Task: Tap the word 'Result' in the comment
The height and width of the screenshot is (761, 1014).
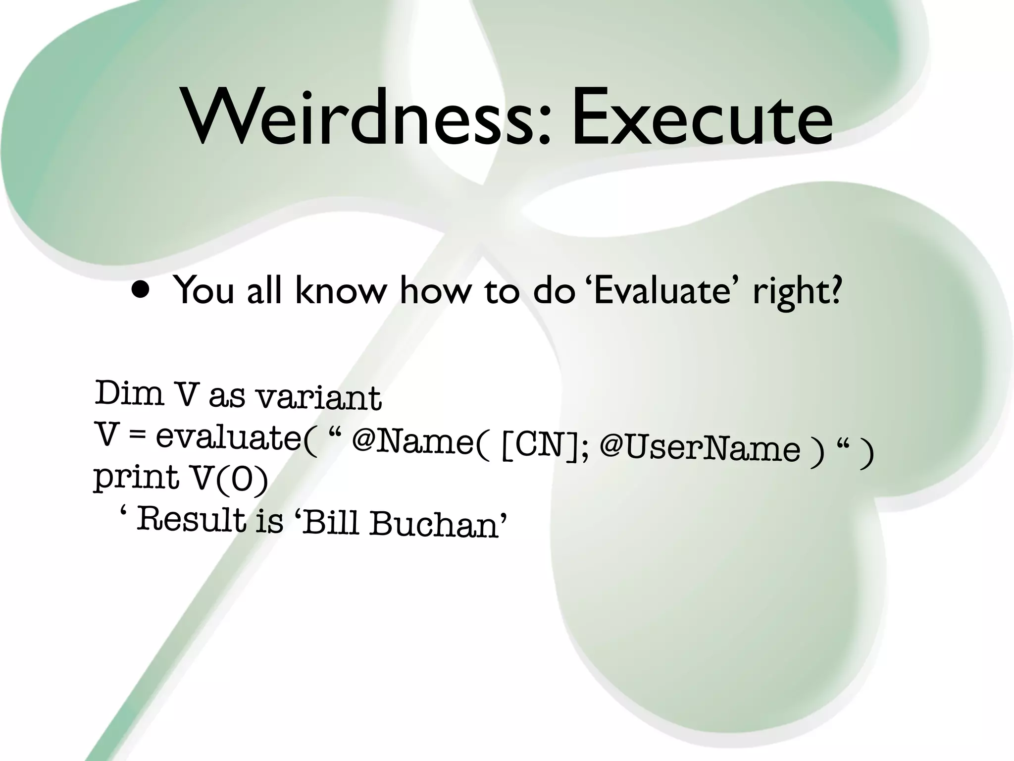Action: tap(191, 520)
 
